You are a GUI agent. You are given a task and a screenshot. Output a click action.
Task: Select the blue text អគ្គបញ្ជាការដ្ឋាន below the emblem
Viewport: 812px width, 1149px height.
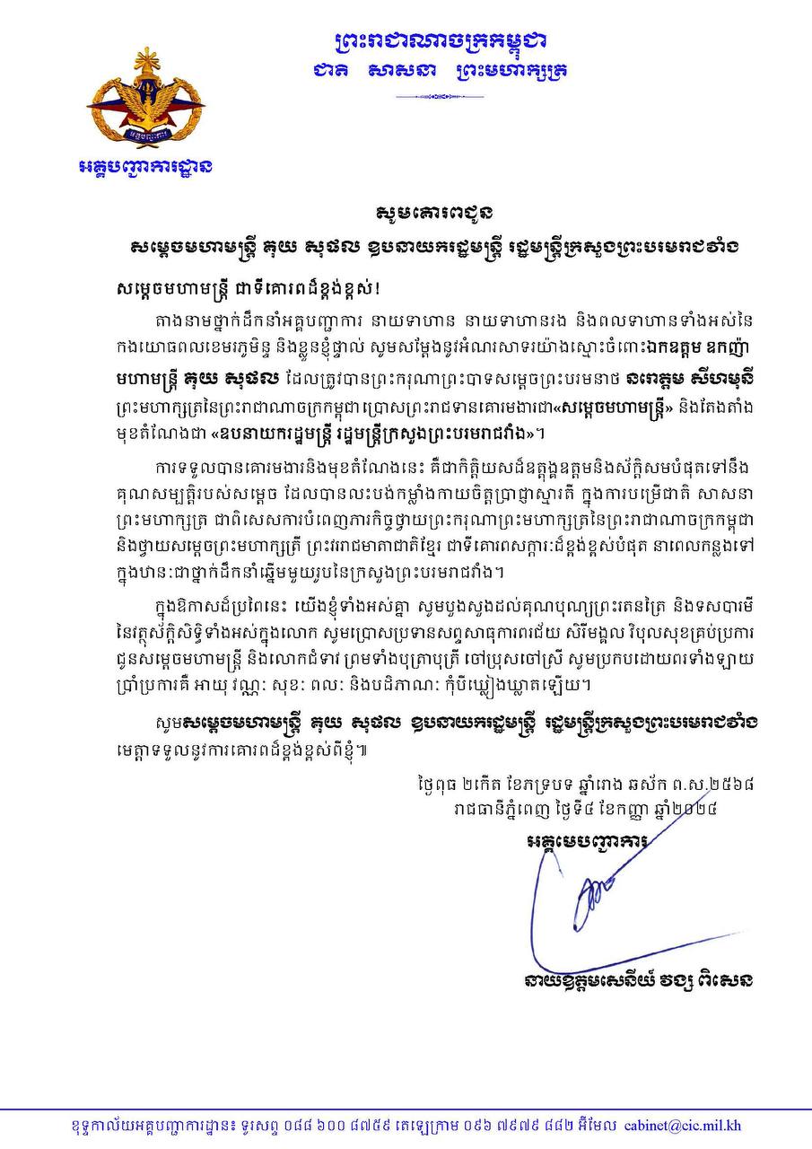[x=144, y=167]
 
